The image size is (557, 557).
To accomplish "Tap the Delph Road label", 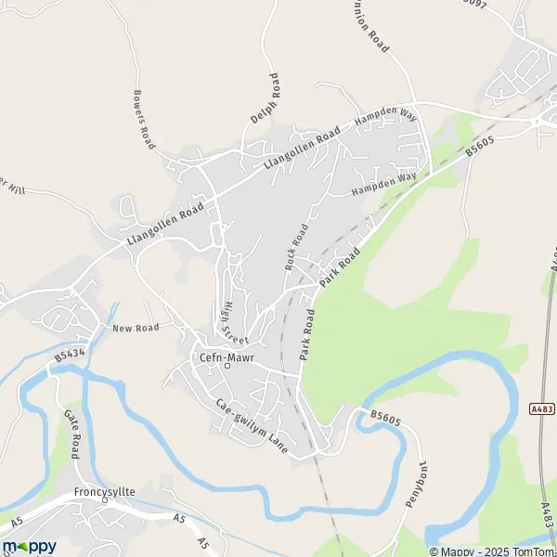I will tap(263, 99).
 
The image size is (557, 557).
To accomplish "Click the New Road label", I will tap(136, 328).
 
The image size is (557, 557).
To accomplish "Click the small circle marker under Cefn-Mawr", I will tap(228, 365).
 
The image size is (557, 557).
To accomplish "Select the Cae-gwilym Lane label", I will tap(253, 425).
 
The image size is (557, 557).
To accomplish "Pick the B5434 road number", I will tap(69, 355).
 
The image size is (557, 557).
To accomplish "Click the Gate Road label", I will tap(73, 433).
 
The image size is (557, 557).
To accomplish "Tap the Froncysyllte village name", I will tap(106, 492).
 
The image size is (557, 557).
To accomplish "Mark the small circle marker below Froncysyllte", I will tap(105, 501).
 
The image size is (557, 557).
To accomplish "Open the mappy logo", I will tap(29, 546).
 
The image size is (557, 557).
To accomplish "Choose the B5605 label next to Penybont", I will tap(385, 420).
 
